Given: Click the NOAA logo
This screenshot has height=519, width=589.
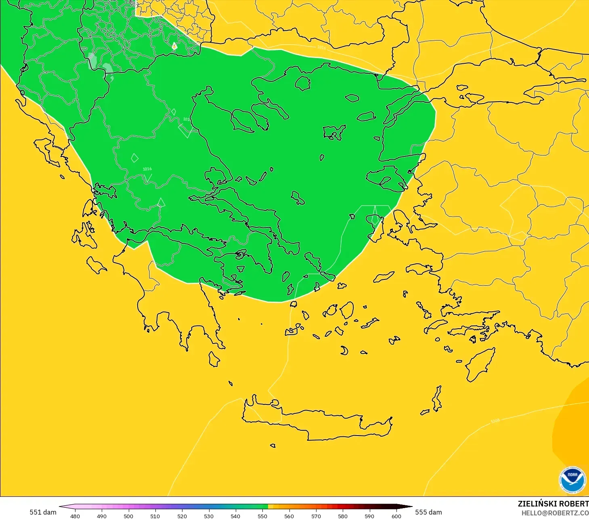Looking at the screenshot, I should tap(572, 480).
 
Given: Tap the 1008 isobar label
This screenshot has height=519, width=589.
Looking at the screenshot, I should tap(495, 421).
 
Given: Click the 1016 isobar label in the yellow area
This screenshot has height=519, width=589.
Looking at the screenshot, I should tap(321, 48).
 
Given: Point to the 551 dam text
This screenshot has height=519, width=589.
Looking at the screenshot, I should tap(43, 512).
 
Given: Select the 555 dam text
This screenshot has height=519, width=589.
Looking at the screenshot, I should tap(428, 512).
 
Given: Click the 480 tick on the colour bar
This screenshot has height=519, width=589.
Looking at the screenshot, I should tap(75, 516).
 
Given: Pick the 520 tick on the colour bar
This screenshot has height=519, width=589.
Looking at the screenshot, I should tap(182, 516).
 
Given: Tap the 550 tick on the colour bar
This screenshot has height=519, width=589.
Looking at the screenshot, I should tap(262, 516).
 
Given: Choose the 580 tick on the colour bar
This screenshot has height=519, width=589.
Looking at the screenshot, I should tap(343, 516).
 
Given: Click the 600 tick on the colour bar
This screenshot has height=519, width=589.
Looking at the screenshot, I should tap(396, 516).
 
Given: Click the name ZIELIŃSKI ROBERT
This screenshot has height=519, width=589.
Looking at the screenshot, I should tap(553, 504).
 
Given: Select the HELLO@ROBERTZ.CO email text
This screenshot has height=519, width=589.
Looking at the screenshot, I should tap(555, 513).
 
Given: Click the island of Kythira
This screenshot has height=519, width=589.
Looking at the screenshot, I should tap(214, 359).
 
